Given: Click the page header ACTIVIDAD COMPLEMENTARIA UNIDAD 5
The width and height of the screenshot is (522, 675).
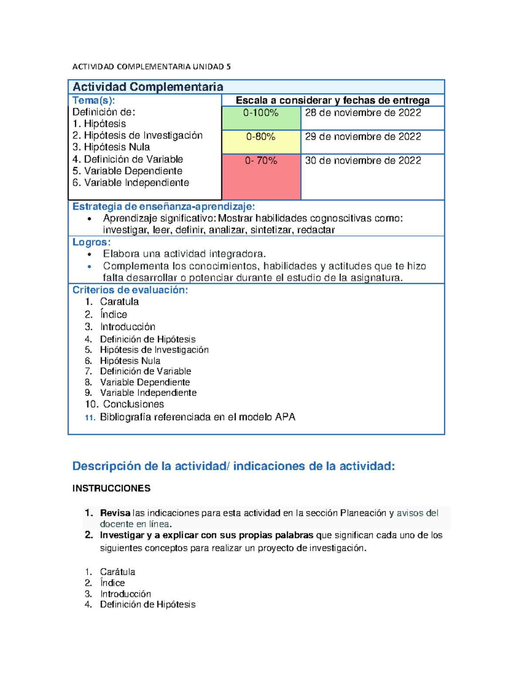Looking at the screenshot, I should pos(151,67).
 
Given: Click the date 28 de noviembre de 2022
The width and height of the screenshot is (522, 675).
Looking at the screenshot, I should pos(363,113).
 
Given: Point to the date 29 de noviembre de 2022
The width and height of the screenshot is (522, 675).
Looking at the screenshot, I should pos(363,137).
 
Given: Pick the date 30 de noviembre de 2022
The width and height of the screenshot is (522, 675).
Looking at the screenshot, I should pos(363,161).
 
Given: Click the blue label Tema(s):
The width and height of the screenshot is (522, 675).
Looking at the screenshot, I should pos(94,100).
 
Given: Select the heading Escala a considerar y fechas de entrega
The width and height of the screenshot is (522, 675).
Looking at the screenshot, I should pos(332,100).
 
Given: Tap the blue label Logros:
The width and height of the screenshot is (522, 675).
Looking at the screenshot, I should pos(91,242).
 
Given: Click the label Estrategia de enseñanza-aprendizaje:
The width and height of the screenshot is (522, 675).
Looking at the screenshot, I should pos(164,206).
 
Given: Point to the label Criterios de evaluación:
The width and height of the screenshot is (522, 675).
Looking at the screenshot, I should pos(130,290).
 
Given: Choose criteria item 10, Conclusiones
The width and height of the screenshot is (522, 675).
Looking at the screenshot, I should pos(133,404).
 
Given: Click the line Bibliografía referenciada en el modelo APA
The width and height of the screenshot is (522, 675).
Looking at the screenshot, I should pos(197,417).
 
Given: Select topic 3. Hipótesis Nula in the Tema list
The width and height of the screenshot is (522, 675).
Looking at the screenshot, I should pos(111,147).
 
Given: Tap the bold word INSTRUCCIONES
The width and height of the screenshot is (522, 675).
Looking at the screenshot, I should pos(111,489).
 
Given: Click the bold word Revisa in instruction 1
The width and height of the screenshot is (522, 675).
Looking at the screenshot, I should pos(115,513).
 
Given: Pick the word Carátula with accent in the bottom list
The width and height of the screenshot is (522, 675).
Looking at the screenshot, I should pos(117,572).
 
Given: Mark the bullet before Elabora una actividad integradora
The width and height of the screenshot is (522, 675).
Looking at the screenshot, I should pos(90,255).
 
